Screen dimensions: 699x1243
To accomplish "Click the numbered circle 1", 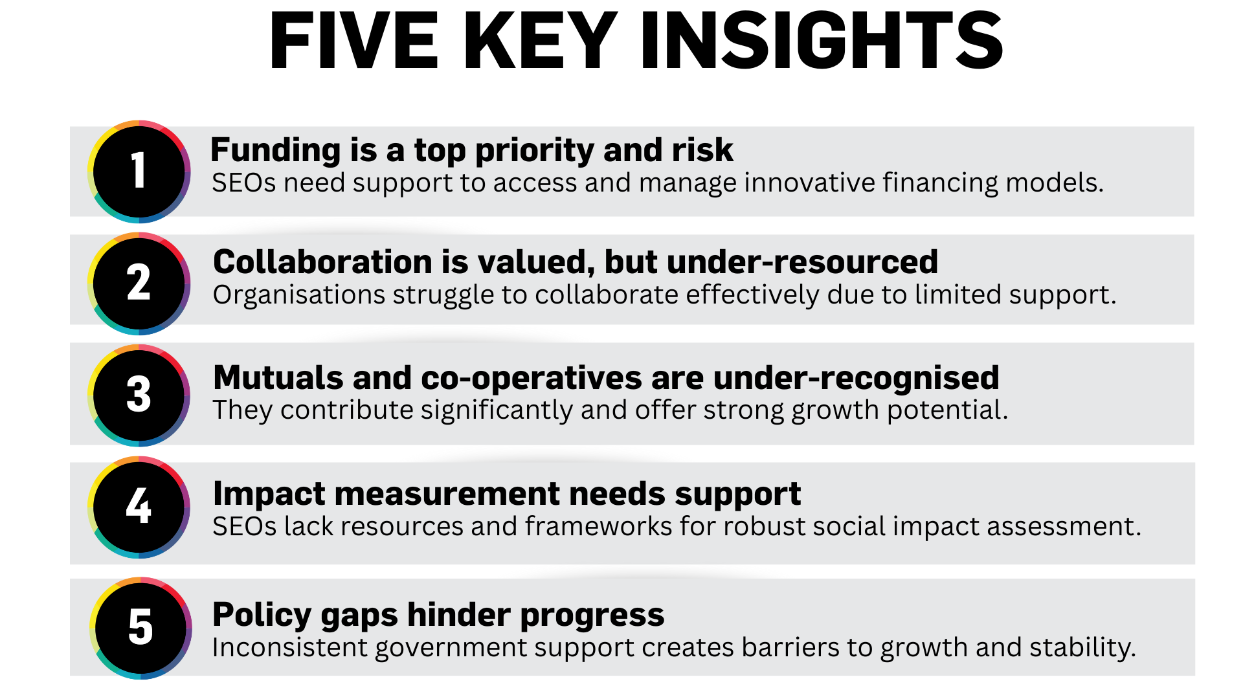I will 139,172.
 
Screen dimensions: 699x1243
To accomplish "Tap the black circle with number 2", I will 139,283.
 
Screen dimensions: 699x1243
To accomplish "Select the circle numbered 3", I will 139,395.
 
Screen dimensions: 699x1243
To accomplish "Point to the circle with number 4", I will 139,507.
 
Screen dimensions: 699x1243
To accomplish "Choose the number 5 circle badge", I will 140,628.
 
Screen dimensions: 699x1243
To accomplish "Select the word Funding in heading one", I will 276,151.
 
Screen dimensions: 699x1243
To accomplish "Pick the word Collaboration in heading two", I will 322,262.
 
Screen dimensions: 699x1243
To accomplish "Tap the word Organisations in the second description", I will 299,295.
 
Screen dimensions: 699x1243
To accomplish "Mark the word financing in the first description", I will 941,183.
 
